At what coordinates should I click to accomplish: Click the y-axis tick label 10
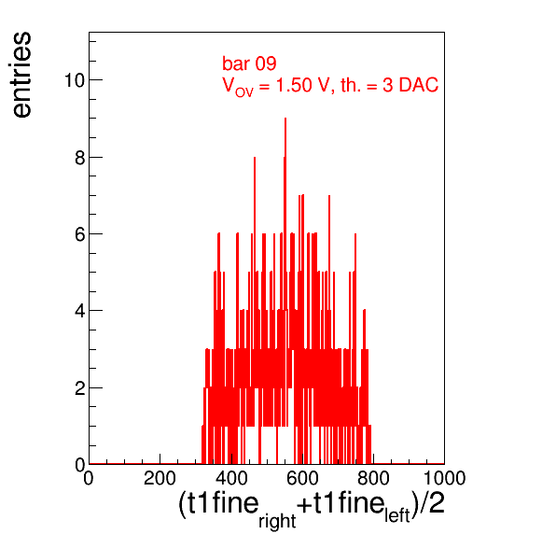75,80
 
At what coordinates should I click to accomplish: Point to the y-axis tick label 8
80,158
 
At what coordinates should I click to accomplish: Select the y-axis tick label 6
80,234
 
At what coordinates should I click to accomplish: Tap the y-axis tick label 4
80,311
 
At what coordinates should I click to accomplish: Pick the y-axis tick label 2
80,388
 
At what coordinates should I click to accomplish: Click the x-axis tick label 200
160,478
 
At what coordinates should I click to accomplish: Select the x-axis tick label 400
231,478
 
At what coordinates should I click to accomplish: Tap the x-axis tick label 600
302,478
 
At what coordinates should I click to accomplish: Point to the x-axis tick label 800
373,478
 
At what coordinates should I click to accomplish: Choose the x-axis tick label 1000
445,478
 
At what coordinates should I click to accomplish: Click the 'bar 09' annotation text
249,63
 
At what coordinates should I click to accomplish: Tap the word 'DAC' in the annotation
419,85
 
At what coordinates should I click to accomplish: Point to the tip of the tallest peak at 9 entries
285,119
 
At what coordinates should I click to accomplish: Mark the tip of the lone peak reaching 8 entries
255,157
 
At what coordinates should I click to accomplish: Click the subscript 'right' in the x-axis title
277,521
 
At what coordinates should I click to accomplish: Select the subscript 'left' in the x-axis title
397,514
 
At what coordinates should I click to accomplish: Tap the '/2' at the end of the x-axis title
432,503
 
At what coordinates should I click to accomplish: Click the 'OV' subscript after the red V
244,92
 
